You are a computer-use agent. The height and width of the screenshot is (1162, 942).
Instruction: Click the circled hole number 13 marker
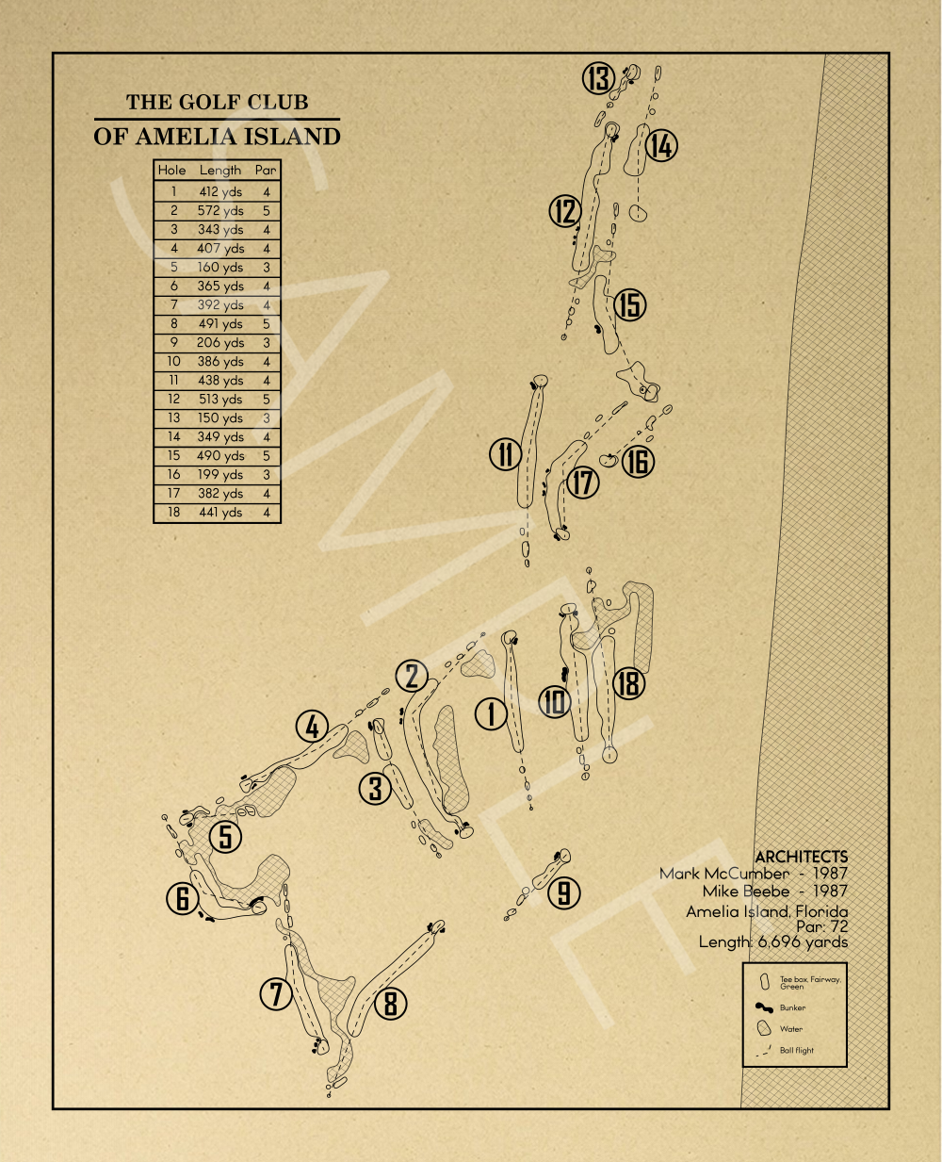pyautogui.click(x=598, y=78)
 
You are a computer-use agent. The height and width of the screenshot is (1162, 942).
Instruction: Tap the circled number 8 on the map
pyautogui.click(x=390, y=1002)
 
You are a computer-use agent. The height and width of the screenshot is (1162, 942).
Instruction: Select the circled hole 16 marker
pyautogui.click(x=638, y=462)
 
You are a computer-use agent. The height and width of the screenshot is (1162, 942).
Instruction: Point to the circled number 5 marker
pyautogui.click(x=225, y=836)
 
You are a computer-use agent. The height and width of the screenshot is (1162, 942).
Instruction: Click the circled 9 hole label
pyautogui.click(x=563, y=893)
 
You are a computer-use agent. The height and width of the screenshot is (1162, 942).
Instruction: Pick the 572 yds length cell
pyautogui.click(x=220, y=210)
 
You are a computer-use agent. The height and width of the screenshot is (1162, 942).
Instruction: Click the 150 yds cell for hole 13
pyautogui.click(x=220, y=417)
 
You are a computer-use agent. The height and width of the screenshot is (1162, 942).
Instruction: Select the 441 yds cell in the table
pyautogui.click(x=220, y=513)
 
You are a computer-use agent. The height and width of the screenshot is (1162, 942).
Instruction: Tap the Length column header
pyautogui.click(x=220, y=171)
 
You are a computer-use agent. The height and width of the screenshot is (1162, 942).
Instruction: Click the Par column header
pyautogui.click(x=266, y=171)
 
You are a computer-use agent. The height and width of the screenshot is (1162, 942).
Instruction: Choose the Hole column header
pyautogui.click(x=171, y=171)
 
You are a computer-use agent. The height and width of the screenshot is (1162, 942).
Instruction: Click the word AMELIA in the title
pyautogui.click(x=186, y=137)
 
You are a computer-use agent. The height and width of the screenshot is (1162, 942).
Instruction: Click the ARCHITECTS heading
pyautogui.click(x=802, y=856)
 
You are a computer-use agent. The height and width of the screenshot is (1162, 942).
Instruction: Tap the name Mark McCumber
pyautogui.click(x=724, y=874)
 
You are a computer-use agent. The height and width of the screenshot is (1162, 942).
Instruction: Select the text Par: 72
pyautogui.click(x=821, y=925)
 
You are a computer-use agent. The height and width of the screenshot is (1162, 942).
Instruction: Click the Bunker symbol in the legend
pyautogui.click(x=764, y=1007)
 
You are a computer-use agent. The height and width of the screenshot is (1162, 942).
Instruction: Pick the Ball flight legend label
pyautogui.click(x=796, y=1050)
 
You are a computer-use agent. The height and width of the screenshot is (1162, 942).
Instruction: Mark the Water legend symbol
pyautogui.click(x=764, y=1028)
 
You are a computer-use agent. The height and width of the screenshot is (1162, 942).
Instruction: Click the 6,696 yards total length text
pyautogui.click(x=803, y=941)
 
